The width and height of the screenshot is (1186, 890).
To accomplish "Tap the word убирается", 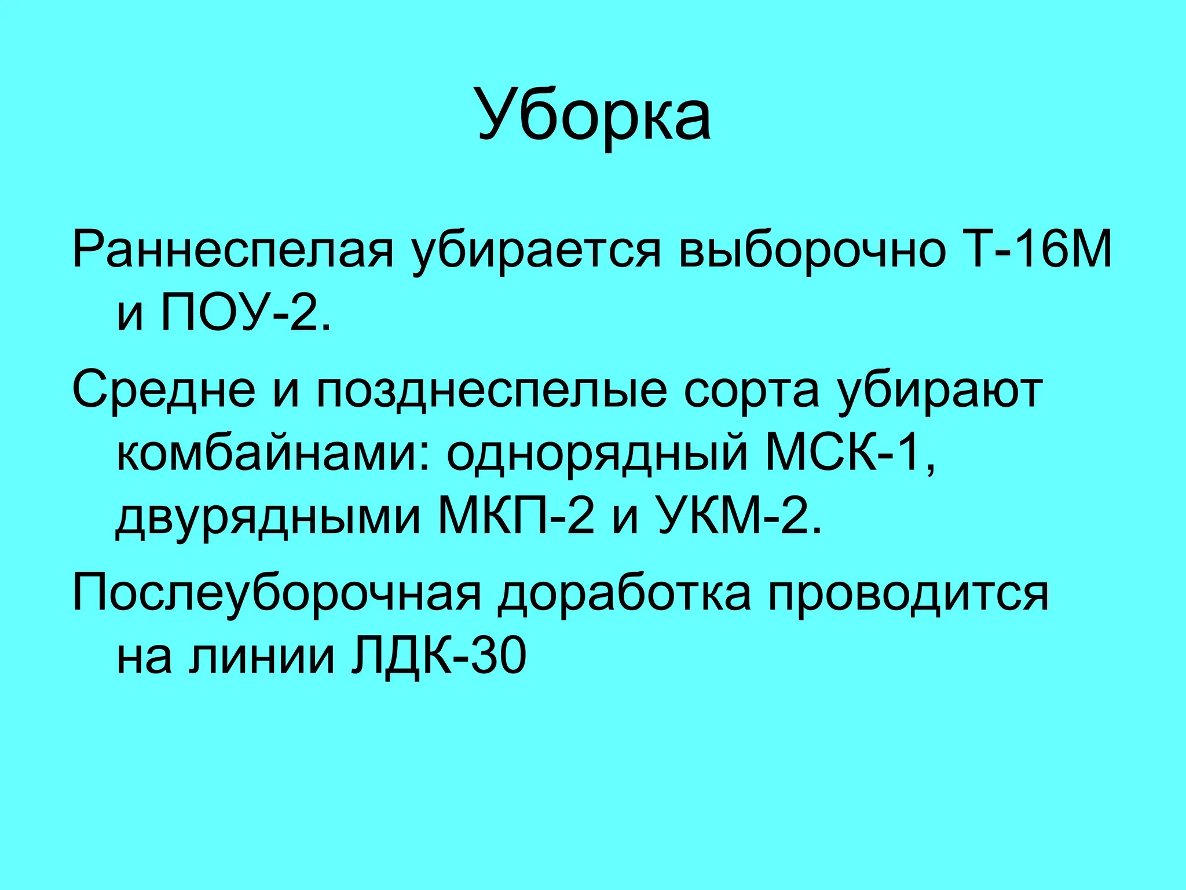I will pyautogui.click(x=536, y=250).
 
